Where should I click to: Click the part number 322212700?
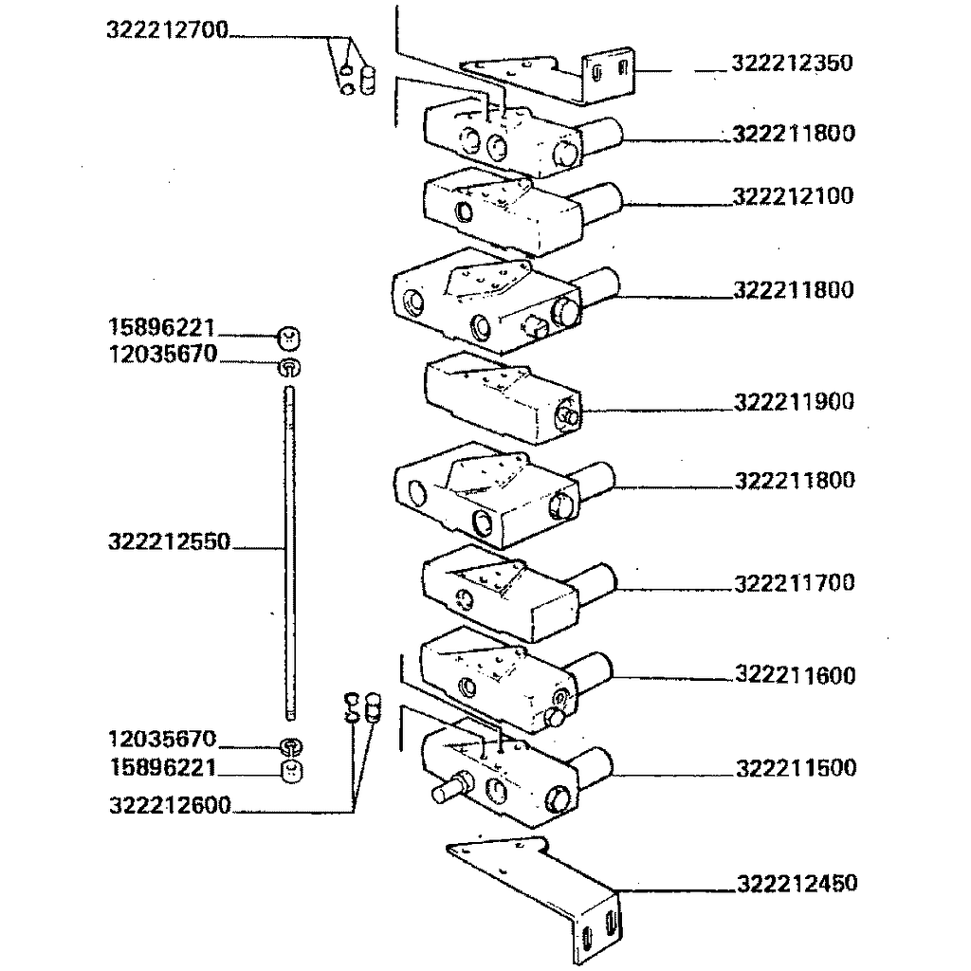coord(168,30)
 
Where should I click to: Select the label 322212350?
coord(792,64)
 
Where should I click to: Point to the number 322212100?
coord(793,196)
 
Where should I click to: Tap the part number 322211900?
coord(794,402)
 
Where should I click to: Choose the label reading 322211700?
coord(795,582)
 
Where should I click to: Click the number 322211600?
coord(796,675)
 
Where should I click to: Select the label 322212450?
coord(797,884)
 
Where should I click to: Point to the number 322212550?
coord(169,542)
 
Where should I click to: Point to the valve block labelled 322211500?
coord(498,773)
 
